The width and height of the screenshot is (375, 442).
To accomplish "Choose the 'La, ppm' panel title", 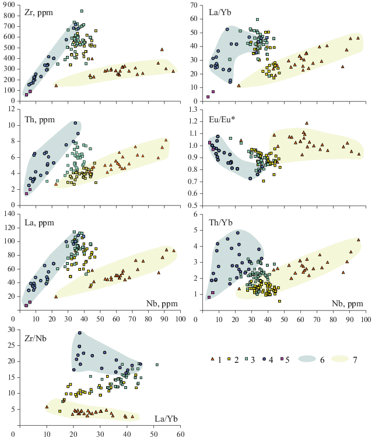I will tap(37, 223).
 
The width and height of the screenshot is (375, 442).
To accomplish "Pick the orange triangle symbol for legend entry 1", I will tap(213, 359).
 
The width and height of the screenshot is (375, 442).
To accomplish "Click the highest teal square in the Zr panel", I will tap(82, 11).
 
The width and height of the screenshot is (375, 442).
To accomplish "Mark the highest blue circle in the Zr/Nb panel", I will tap(80, 333).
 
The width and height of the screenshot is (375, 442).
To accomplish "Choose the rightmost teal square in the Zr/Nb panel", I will tap(157, 365).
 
